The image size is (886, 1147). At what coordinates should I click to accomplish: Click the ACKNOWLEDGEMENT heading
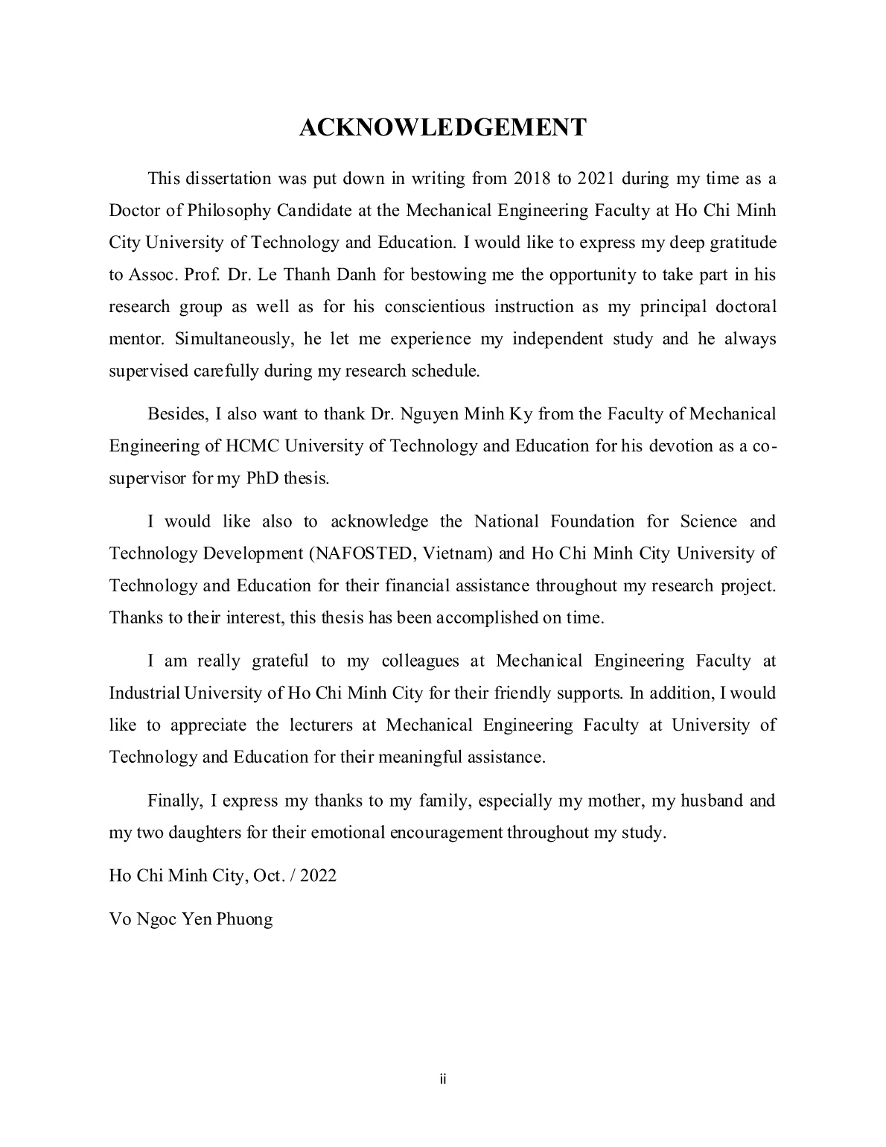point(442,127)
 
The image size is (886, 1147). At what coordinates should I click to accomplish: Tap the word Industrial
point(144,693)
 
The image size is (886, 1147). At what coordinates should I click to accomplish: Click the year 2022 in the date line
point(318,875)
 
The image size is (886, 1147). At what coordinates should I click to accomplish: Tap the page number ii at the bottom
point(442,1079)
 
